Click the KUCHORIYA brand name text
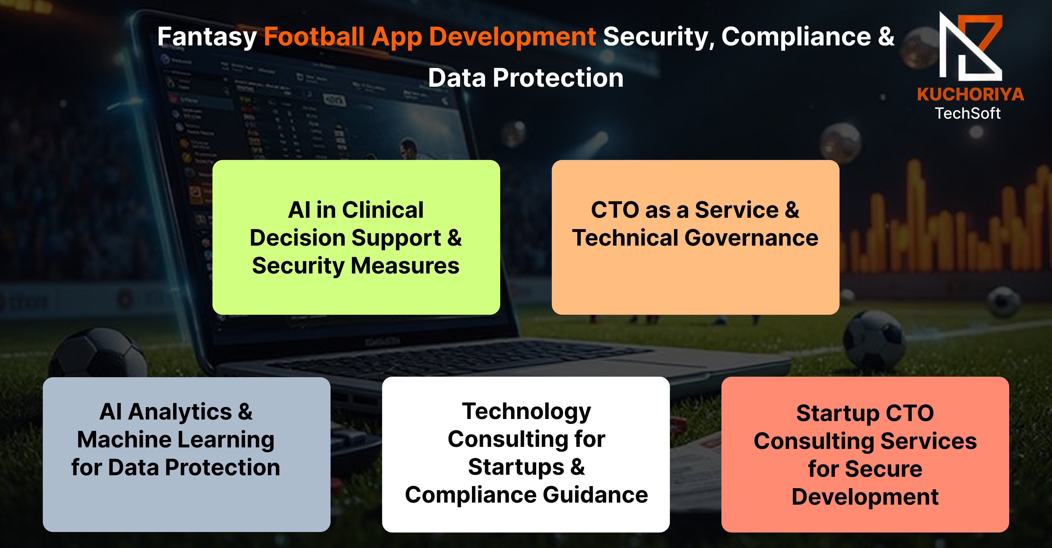click(x=970, y=94)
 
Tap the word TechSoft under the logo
click(x=968, y=113)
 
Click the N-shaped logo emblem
click(x=971, y=46)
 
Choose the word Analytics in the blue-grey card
click(x=180, y=412)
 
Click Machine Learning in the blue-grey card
click(x=176, y=440)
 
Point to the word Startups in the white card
click(x=516, y=468)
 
